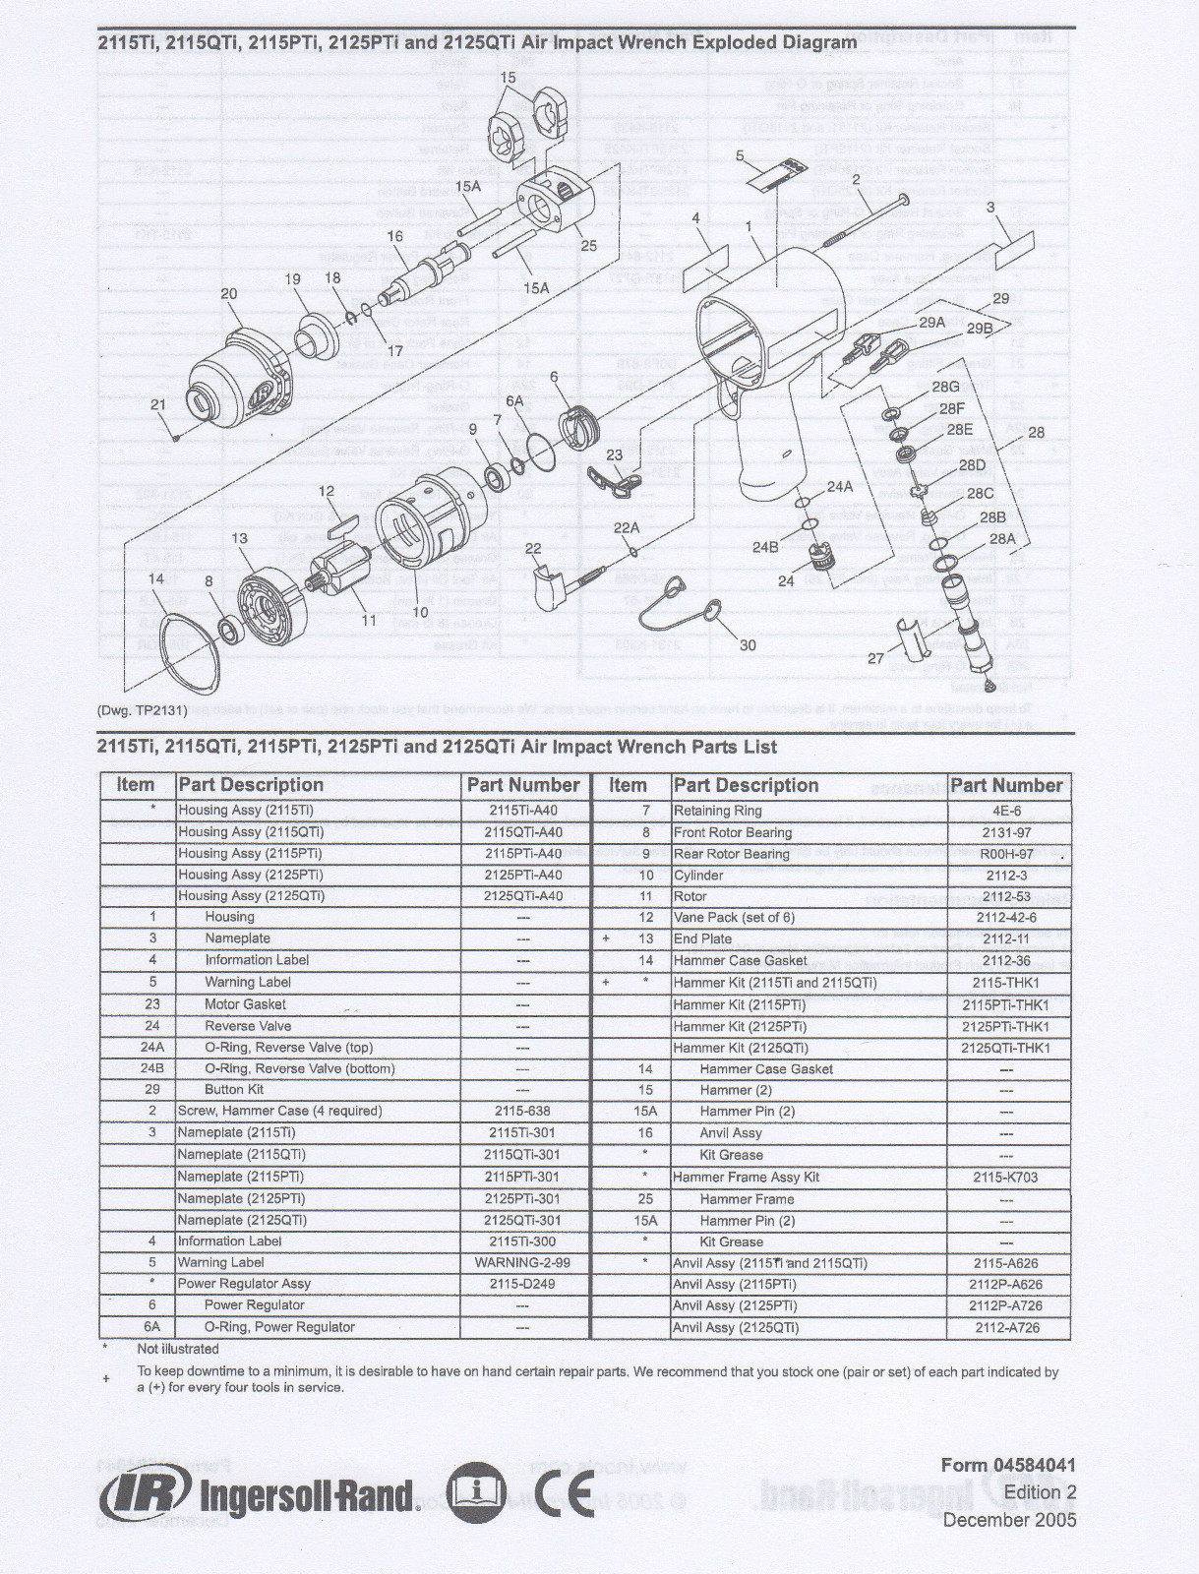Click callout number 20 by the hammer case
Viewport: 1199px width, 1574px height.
(x=228, y=293)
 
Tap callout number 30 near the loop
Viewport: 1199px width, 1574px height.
(x=748, y=645)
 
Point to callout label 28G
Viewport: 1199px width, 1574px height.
(x=945, y=387)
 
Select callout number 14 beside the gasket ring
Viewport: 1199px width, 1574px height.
(x=155, y=578)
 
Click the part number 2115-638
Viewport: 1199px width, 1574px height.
(x=522, y=1111)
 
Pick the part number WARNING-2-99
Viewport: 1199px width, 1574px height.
(x=522, y=1262)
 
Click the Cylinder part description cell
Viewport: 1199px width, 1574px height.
(x=698, y=875)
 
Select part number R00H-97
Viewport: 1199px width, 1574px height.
(x=1005, y=854)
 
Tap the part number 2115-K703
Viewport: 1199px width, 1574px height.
(x=1005, y=1177)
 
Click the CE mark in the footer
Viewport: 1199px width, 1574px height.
(x=566, y=1495)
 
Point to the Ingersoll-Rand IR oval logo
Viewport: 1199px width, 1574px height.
(x=146, y=1496)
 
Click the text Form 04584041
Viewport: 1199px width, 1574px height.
(x=1008, y=1465)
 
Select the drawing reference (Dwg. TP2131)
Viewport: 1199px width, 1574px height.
(x=142, y=710)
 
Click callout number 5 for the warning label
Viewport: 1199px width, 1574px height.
(x=740, y=155)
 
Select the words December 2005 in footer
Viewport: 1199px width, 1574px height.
(x=1009, y=1520)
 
